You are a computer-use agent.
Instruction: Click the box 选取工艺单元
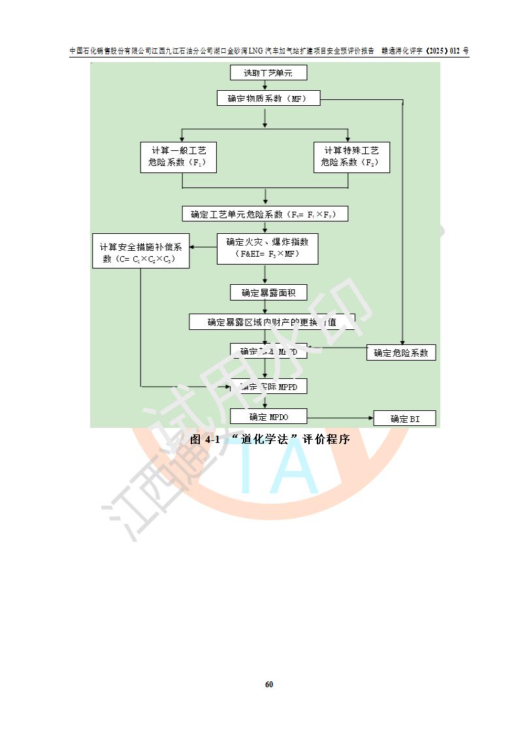(268, 73)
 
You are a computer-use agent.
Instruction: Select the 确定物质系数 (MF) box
(265, 99)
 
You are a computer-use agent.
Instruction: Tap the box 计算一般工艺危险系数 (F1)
(178, 157)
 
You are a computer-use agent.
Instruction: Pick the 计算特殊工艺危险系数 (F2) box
(351, 157)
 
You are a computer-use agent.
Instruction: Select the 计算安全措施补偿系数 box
(140, 252)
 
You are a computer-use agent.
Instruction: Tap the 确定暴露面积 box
(268, 293)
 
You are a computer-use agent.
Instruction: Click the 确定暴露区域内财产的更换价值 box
(272, 321)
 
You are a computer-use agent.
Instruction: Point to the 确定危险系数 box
(401, 353)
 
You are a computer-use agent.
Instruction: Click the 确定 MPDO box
(268, 416)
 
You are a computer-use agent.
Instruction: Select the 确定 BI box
(404, 419)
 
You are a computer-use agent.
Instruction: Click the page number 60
(268, 684)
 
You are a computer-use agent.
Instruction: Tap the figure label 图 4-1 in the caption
(204, 440)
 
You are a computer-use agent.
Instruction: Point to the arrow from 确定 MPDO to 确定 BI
(340, 417)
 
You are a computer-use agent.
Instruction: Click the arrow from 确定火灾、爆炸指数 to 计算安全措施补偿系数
(203, 246)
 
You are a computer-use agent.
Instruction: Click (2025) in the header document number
(432, 51)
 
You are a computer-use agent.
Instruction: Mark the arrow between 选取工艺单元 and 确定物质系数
(265, 86)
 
